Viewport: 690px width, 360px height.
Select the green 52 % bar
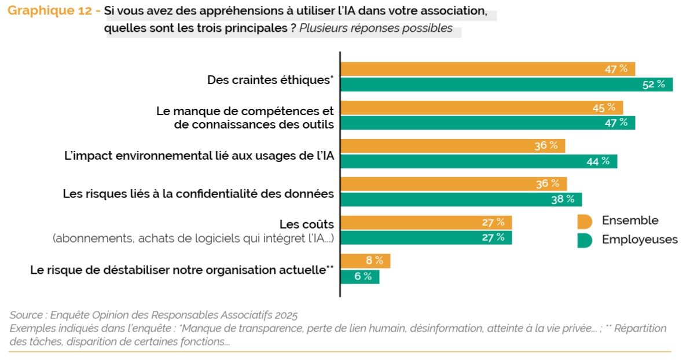coord(507,85)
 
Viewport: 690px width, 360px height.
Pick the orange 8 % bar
coord(365,261)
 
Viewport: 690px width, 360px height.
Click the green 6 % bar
coord(359,277)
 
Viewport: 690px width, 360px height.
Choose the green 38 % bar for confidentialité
coord(461,200)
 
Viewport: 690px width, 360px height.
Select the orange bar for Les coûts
coord(426,222)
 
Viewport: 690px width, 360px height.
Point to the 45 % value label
coord(604,108)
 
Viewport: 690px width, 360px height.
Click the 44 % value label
coord(598,161)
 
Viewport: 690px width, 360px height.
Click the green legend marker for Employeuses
coord(584,240)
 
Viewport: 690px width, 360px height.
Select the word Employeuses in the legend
coord(640,240)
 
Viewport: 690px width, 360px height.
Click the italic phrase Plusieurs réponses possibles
coord(376,29)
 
